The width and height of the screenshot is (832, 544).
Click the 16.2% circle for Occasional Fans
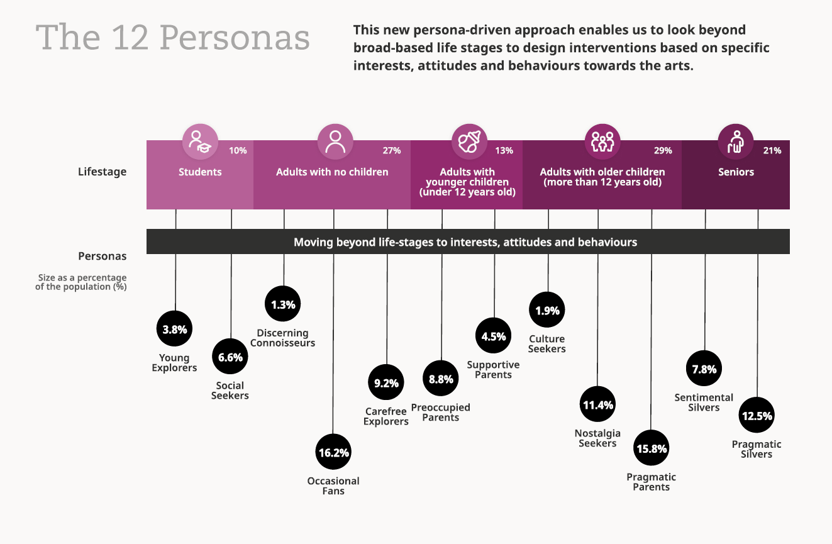(333, 452)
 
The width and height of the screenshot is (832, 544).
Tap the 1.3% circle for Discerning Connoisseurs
(283, 304)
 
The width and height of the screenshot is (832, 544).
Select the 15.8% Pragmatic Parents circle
(652, 448)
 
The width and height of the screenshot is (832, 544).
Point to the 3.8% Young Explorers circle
(175, 329)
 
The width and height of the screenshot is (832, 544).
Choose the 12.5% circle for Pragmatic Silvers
(757, 416)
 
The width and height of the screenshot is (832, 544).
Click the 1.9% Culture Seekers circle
(547, 310)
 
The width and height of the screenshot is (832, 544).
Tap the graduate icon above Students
(200, 142)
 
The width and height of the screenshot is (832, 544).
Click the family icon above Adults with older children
(602, 142)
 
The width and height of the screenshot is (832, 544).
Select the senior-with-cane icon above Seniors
(736, 142)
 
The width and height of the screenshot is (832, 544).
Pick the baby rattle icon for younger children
(469, 142)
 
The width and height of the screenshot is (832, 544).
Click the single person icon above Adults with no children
(335, 142)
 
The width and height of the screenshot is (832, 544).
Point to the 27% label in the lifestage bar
(391, 151)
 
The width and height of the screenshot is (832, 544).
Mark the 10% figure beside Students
(238, 151)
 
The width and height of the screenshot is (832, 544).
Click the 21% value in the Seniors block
(772, 151)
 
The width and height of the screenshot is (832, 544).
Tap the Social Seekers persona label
(230, 391)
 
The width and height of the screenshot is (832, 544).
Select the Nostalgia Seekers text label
(597, 438)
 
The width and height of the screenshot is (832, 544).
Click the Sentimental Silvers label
(704, 402)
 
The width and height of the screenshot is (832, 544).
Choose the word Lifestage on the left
(102, 171)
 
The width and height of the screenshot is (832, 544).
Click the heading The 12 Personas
(173, 38)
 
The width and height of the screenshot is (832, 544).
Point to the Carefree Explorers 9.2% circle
(386, 382)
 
